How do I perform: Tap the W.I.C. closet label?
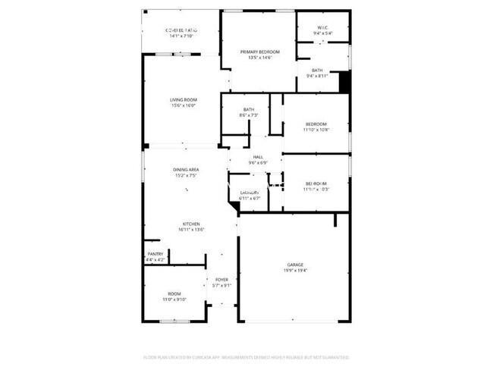pyautogui.click(x=322, y=27)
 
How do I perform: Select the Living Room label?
pyautogui.click(x=183, y=100)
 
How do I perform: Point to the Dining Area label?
pyautogui.click(x=186, y=170)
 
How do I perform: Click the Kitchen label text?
pyautogui.click(x=190, y=224)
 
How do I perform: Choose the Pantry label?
pyautogui.click(x=155, y=254)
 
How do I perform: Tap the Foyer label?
pyautogui.click(x=222, y=280)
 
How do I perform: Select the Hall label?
pyautogui.click(x=257, y=156)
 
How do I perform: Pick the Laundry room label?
pyautogui.click(x=249, y=193)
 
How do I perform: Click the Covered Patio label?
pyautogui.click(x=181, y=30)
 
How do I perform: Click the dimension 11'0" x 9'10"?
pyautogui.click(x=174, y=300)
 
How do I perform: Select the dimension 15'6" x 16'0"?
pyautogui.click(x=183, y=106)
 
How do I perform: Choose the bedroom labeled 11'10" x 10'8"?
pyautogui.click(x=316, y=124)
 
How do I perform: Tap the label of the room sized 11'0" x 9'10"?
pyautogui.click(x=174, y=294)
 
